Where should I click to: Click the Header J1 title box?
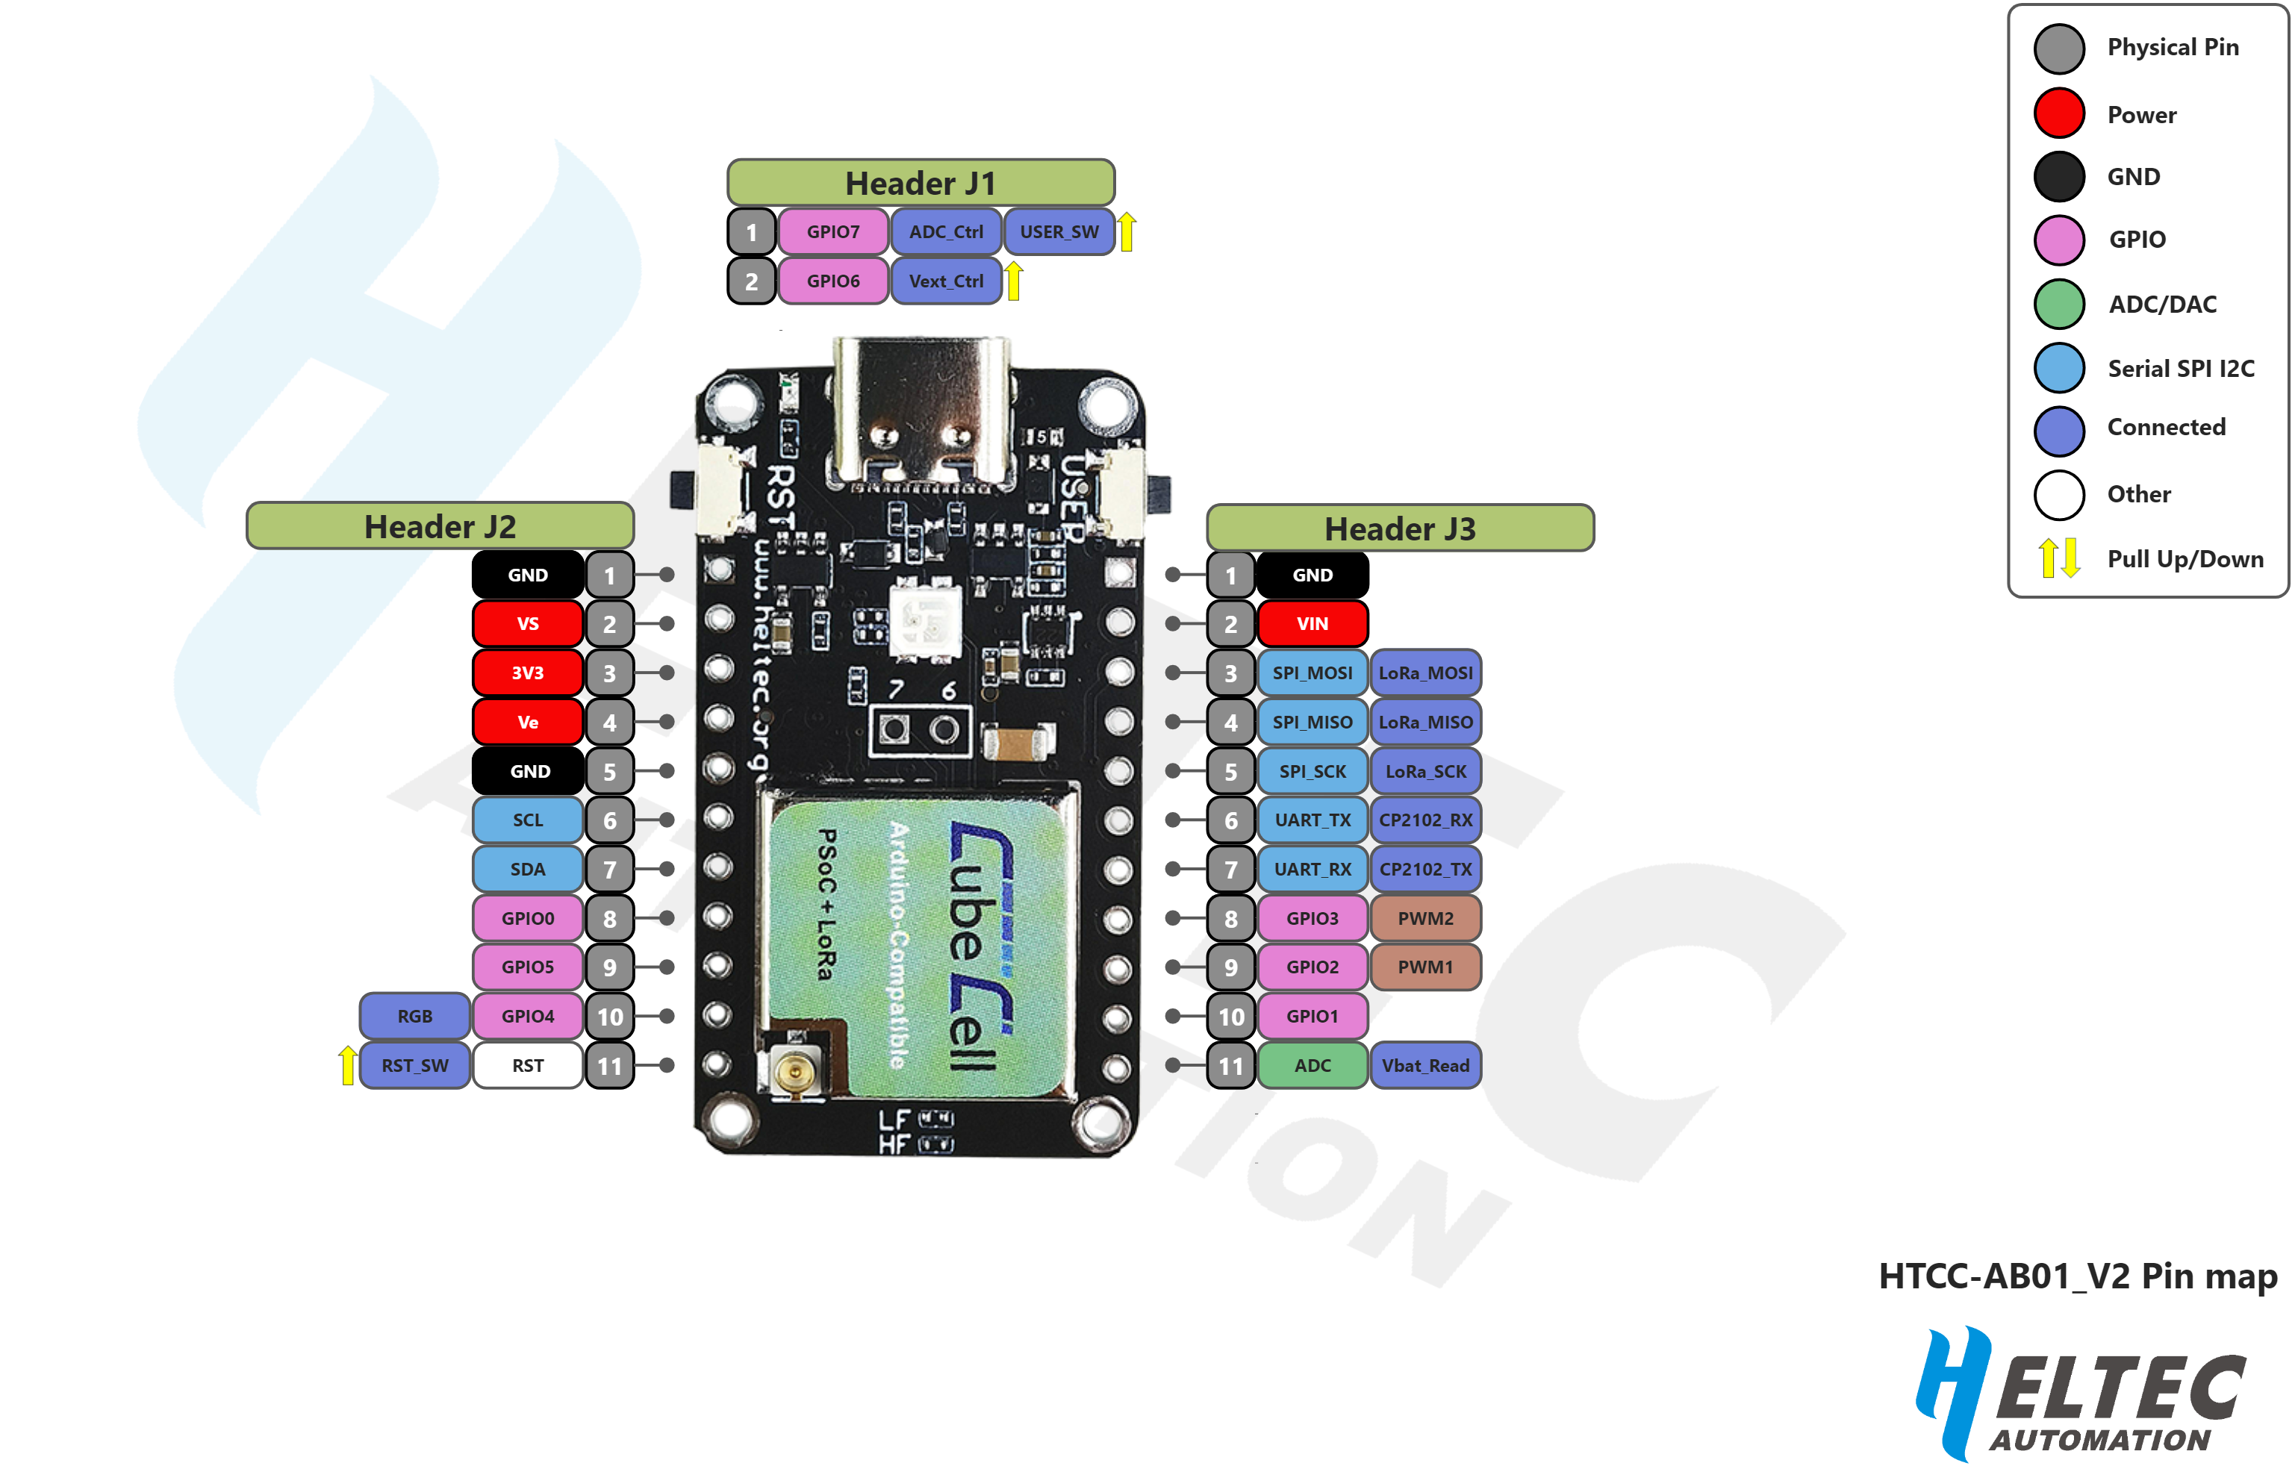(921, 182)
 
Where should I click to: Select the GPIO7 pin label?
(833, 231)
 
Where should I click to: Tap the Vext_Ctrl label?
(945, 281)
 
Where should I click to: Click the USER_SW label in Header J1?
(1059, 231)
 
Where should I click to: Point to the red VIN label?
(1312, 623)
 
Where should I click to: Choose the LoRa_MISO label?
(1424, 723)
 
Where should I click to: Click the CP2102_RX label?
(1424, 820)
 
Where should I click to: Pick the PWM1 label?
(1424, 967)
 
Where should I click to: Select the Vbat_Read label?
(1424, 1066)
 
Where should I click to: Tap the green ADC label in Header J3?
(1312, 1066)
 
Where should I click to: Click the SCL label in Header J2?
(528, 820)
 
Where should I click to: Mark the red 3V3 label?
(528, 673)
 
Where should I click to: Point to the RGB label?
(414, 1016)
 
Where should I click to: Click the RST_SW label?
(414, 1066)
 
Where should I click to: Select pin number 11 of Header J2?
(610, 1066)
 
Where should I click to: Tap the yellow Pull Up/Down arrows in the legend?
(2058, 558)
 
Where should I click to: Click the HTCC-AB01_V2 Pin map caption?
(2078, 1276)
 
